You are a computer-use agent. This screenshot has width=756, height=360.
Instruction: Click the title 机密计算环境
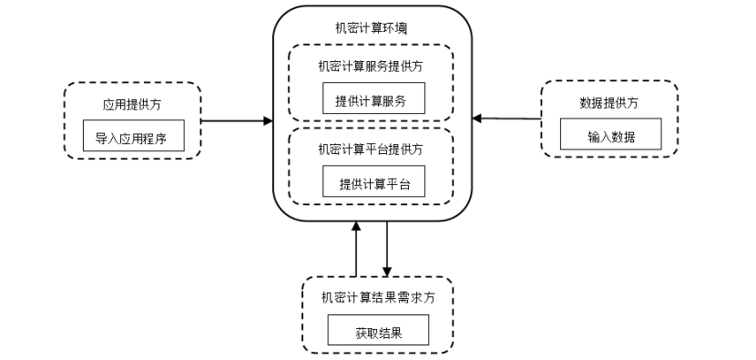tap(373, 29)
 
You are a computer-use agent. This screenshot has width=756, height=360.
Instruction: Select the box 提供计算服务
tap(374, 99)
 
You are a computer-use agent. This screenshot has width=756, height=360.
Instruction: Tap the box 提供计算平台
tap(374, 184)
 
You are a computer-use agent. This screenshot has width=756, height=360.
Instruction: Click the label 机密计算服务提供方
tap(373, 65)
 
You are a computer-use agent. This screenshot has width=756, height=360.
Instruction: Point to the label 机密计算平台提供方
tap(373, 148)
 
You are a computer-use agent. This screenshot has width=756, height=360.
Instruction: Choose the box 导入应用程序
tap(133, 139)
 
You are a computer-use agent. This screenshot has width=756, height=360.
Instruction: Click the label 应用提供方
tap(133, 102)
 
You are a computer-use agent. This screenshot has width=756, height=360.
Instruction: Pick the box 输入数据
tap(610, 138)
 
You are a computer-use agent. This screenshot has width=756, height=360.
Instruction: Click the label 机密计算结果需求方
tap(377, 297)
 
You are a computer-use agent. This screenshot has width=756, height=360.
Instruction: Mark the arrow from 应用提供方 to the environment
tap(235, 119)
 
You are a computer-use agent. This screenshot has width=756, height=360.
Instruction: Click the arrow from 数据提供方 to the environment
tap(506, 118)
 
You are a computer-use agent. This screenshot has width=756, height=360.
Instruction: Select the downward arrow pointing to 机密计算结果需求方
tap(387, 249)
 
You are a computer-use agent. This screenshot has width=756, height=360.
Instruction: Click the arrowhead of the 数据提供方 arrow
tap(476, 118)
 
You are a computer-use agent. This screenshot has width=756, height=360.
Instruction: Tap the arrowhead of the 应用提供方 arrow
tap(268, 119)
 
